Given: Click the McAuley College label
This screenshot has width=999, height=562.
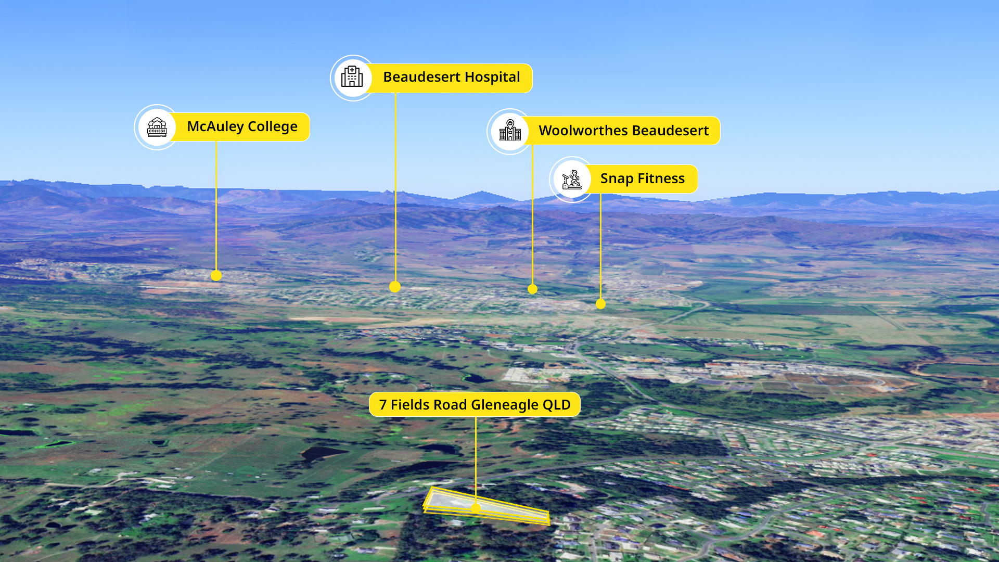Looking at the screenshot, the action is [x=242, y=127].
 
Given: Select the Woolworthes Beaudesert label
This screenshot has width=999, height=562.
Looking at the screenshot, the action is [x=623, y=131].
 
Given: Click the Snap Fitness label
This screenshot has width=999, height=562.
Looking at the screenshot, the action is [x=642, y=179].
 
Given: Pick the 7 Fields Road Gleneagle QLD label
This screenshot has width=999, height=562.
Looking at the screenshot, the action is [x=475, y=404].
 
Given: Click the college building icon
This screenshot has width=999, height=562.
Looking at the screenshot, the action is [x=157, y=127].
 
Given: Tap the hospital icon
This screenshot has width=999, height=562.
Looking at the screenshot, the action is [x=352, y=77].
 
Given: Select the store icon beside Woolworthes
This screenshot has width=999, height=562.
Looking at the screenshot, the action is [x=510, y=131].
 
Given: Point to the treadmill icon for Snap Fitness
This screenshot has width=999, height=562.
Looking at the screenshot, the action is [x=572, y=180].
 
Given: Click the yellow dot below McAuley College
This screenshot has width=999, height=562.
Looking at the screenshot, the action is [x=216, y=276].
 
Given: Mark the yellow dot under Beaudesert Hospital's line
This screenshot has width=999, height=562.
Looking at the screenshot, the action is [x=395, y=287].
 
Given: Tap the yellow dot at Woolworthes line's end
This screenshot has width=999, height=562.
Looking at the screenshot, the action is [x=532, y=289].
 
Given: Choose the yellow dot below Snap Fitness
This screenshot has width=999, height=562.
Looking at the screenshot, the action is [x=600, y=304].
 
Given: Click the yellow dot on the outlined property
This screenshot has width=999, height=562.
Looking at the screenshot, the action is [x=476, y=508].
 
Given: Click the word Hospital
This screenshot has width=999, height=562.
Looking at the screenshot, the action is [x=492, y=77].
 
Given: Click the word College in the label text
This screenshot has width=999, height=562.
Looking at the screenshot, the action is [x=272, y=126].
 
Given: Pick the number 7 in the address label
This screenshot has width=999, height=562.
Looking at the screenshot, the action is [x=383, y=405].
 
